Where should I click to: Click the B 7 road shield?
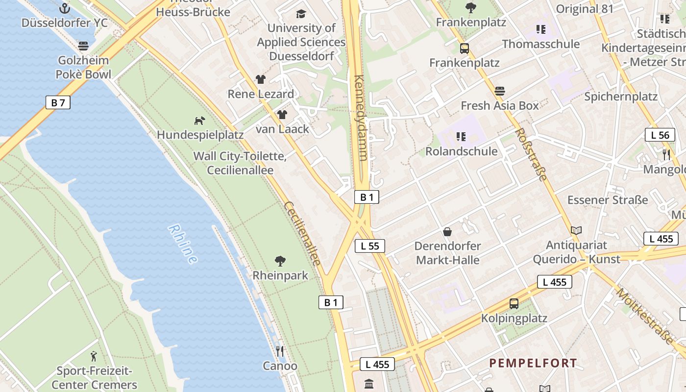58,102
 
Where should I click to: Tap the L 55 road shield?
370,246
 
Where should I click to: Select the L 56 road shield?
660,135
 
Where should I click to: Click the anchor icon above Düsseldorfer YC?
64,8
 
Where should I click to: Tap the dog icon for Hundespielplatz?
199,121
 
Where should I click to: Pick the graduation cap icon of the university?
301,14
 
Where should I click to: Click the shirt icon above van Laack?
282,115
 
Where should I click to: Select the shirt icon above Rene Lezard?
260,79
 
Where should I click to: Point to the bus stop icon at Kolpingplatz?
514,304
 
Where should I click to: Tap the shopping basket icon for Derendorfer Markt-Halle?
447,232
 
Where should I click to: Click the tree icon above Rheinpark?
280,261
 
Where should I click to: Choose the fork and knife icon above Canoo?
280,351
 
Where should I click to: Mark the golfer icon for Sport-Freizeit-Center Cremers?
94,356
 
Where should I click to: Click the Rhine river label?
183,244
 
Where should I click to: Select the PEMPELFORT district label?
533,363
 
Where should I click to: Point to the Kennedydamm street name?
360,118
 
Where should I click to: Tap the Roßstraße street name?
531,154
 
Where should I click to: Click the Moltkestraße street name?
645,316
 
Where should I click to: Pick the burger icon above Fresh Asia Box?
500,91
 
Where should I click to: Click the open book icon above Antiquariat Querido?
576,230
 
